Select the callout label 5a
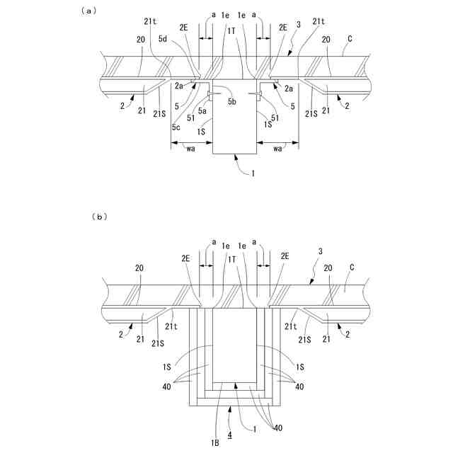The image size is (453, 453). point(202,110)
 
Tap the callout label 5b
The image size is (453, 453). point(231,103)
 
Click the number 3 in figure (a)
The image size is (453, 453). point(299,25)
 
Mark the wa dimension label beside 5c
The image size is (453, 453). point(190,149)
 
